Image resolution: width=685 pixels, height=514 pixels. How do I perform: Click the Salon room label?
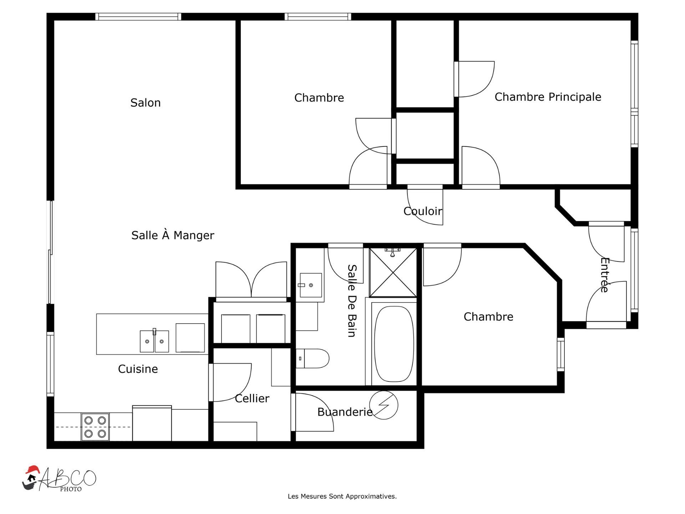(x=145, y=103)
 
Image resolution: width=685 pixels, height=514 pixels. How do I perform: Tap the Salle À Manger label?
(x=173, y=235)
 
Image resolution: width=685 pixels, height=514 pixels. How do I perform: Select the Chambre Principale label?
(x=548, y=97)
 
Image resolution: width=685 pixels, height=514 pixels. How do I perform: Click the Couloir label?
(x=422, y=211)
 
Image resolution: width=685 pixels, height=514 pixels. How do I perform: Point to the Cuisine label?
(x=138, y=369)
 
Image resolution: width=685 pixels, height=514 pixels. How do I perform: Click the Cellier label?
(x=252, y=398)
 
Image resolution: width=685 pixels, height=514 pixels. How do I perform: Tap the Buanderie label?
(x=345, y=412)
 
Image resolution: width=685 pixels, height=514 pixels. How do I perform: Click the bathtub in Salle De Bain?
(x=394, y=344)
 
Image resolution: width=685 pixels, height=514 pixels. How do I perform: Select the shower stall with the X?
(x=393, y=273)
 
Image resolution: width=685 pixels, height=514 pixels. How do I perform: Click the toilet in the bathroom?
(x=313, y=358)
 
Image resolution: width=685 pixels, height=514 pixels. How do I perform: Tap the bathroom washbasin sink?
(x=310, y=285)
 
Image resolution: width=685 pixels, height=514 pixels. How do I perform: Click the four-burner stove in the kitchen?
(x=95, y=427)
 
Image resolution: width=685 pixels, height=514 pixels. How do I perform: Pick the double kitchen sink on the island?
(x=154, y=341)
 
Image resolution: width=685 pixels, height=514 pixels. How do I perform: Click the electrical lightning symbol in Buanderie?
(x=384, y=405)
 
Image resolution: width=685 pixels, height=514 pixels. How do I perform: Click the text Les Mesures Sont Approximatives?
(x=342, y=496)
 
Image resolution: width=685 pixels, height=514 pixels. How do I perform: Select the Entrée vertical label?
(x=604, y=275)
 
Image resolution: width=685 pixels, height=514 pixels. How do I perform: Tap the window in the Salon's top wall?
(x=138, y=16)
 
